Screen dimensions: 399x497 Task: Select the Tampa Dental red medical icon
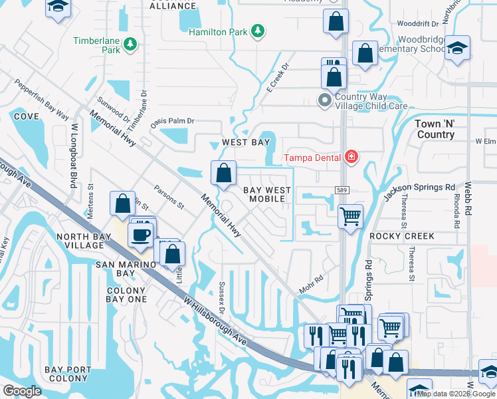point(351,157)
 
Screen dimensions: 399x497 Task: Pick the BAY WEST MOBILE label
point(267,194)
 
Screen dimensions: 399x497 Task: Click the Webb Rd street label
point(468,199)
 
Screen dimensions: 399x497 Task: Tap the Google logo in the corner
point(22,391)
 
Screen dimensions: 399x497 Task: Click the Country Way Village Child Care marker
point(325,101)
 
